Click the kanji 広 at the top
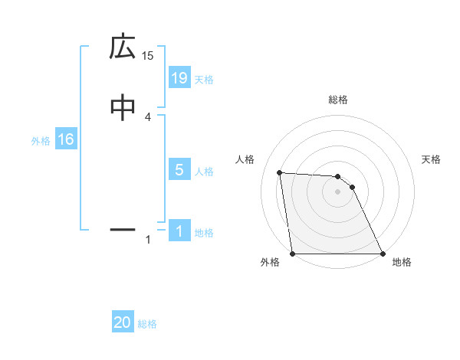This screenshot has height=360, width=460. point(123,47)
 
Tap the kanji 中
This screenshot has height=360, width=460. point(123,107)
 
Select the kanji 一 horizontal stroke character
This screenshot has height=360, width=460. point(123,228)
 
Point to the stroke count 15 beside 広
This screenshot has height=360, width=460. point(148,55)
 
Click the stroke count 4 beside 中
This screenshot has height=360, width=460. point(148,116)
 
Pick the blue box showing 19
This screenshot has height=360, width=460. point(179,77)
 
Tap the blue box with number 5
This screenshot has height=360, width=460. point(179,170)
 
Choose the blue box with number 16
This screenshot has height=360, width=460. point(65,139)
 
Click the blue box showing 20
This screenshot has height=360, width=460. point(123,323)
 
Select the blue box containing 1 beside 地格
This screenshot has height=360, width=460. point(179,231)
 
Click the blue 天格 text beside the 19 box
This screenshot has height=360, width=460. point(204,80)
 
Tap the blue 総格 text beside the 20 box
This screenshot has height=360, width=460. point(147,324)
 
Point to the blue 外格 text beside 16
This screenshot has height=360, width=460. point(41,141)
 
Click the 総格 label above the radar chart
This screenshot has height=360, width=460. point(338,100)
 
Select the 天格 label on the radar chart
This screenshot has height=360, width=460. point(432,159)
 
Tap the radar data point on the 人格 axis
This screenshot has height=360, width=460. point(280,172)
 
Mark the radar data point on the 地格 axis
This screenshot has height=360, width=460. point(383,254)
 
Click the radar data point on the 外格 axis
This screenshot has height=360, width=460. point(292,254)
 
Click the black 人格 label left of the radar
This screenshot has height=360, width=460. point(245,159)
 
